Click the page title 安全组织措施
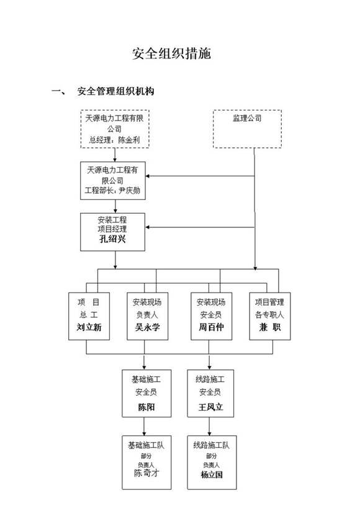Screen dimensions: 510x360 point(171,53)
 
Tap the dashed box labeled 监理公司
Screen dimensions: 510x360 point(247,129)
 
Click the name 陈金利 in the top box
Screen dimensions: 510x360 point(129,140)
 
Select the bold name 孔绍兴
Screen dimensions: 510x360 point(112,239)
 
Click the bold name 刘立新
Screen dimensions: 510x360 point(89,328)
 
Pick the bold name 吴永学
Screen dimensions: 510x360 point(148,328)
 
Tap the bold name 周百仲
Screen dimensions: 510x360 point(211,328)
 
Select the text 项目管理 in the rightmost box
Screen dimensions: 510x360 point(269,302)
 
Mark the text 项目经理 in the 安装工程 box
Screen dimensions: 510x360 point(112,229)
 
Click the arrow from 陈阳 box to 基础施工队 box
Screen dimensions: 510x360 point(145,426)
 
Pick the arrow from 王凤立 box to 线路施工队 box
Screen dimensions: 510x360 point(210,426)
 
